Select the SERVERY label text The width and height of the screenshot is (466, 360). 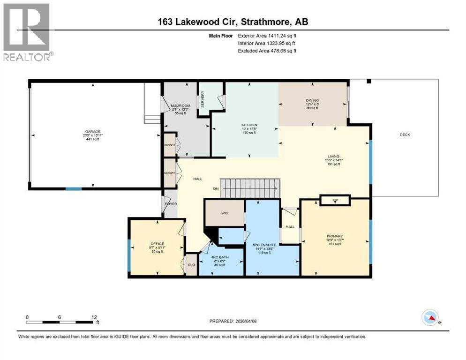[x=203, y=99]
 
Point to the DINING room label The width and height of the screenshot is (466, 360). [x=312, y=100]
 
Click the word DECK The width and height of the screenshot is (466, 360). [x=405, y=135]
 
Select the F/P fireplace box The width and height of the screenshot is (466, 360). [x=335, y=201]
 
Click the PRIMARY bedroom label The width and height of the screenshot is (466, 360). [x=335, y=236]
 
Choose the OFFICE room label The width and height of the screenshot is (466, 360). [x=157, y=244]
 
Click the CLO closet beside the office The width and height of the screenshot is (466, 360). [x=191, y=265]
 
